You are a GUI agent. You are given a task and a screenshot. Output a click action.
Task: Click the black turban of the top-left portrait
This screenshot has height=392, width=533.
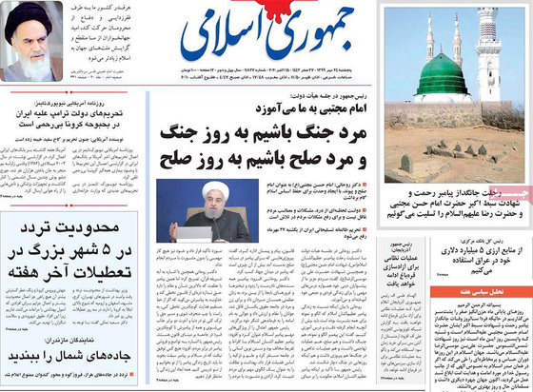coord(30,16)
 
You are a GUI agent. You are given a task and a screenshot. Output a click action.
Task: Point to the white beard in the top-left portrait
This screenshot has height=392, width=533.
coord(30,45)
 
